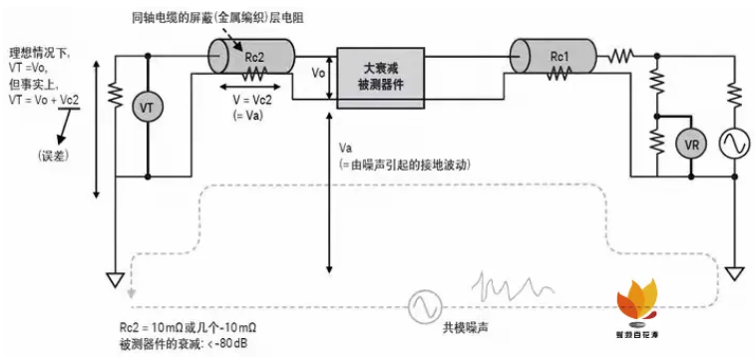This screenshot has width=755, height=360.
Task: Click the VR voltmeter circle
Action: (690, 145)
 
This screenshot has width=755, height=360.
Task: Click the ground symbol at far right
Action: (735, 272)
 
